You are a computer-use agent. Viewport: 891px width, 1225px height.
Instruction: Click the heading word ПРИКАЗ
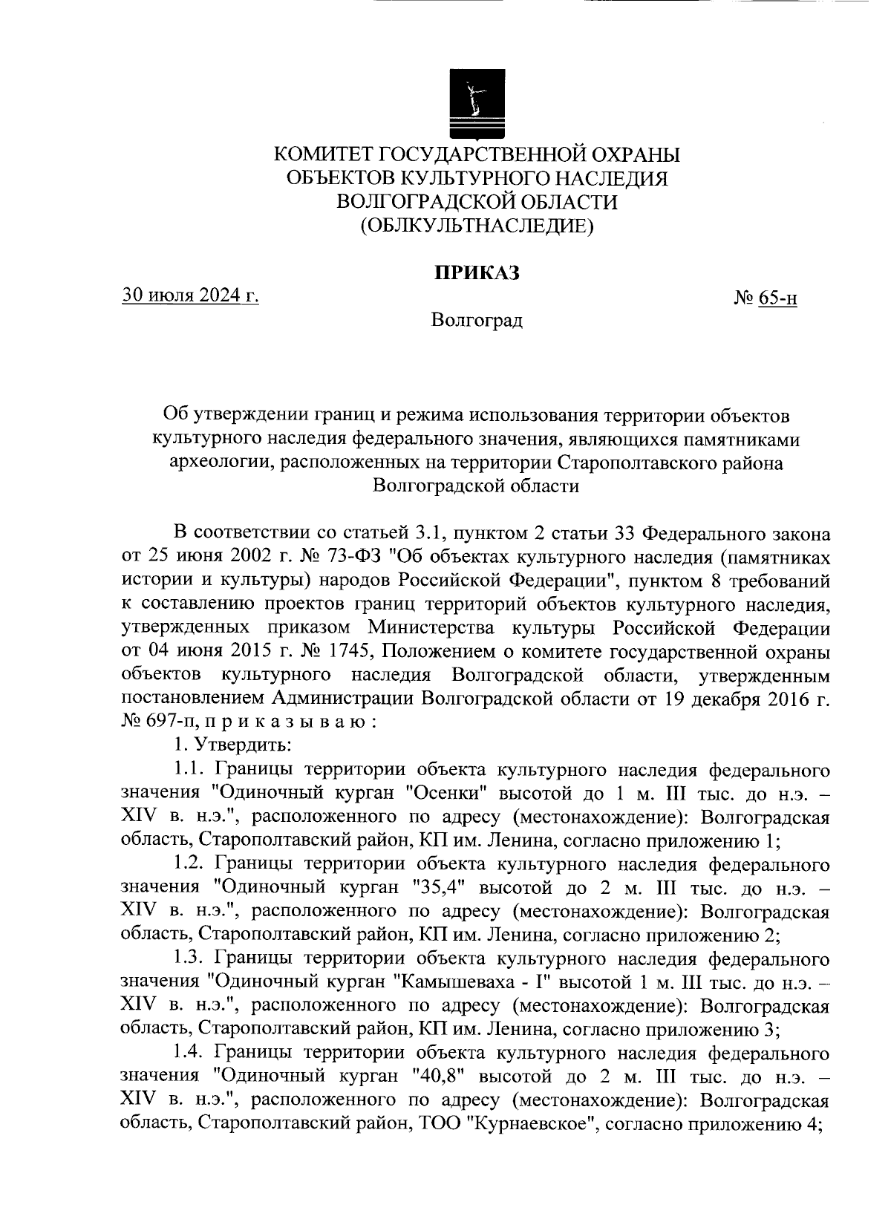(477, 272)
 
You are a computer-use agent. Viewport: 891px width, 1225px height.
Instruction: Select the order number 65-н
(778, 298)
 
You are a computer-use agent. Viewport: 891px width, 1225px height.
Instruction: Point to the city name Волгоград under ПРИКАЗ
(477, 320)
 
